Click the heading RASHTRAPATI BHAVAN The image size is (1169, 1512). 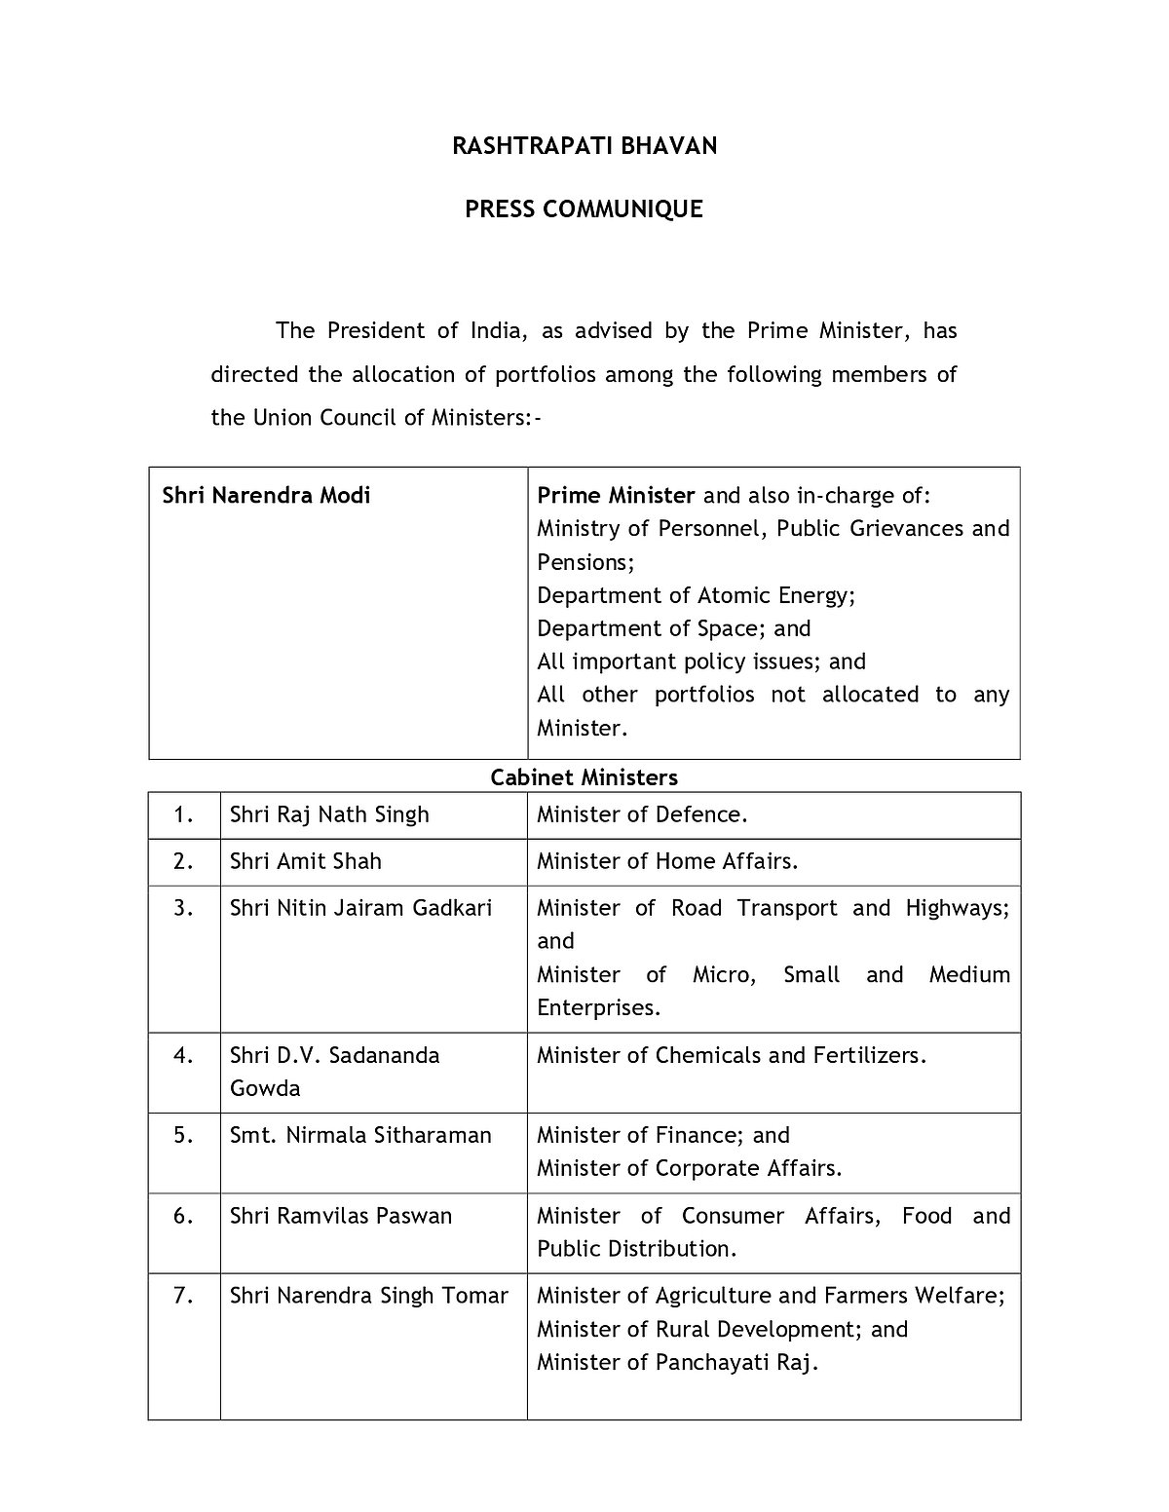coord(584,146)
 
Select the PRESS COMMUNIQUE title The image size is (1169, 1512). coord(584,209)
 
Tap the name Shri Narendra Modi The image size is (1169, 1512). coord(266,495)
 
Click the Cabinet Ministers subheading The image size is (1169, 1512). coord(584,776)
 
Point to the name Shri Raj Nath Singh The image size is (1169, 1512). coord(329,814)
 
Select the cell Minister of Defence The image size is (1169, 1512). coord(642,814)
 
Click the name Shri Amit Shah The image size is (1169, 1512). coord(306,861)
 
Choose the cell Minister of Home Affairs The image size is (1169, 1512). coord(667,861)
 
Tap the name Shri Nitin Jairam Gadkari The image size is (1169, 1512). coord(360,908)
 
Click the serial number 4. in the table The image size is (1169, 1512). coord(184,1055)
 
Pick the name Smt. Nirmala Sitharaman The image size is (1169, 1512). coord(360,1135)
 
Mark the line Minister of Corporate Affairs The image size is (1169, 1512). coord(689,1168)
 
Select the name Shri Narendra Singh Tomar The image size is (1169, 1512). coord(368,1296)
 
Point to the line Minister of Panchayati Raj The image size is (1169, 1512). coord(677,1362)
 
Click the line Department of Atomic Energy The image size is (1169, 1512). coord(696,595)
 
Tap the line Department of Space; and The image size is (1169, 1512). coord(673,628)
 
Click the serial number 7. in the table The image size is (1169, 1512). coord(184,1296)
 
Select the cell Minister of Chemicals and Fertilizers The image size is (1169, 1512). coord(732,1055)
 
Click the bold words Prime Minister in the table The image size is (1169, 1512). coord(616,495)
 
